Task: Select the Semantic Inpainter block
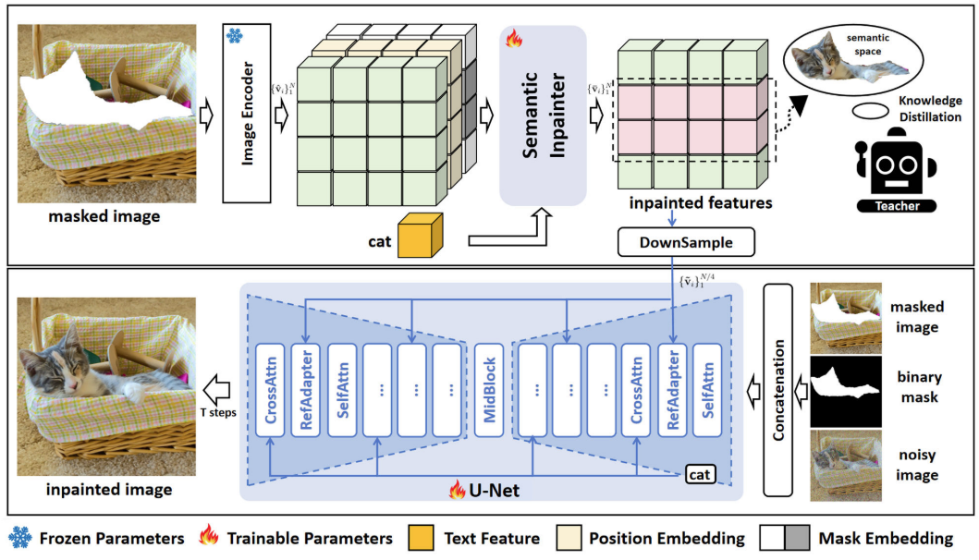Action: (x=543, y=116)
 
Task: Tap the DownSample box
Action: (x=685, y=243)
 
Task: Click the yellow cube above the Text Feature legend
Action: (x=418, y=236)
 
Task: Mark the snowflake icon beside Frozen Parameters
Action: (x=19, y=538)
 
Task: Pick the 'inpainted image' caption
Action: (x=110, y=489)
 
